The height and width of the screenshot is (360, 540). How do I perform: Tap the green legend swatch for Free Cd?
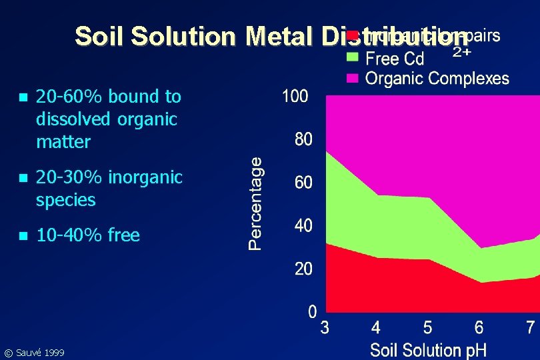pos(353,57)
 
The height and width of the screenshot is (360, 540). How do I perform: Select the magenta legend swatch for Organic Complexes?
pos(353,78)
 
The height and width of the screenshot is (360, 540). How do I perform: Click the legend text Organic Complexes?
pos(437,79)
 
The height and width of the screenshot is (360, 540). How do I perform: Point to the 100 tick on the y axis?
pos(295,97)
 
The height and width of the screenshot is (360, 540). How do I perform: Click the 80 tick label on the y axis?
pos(303,140)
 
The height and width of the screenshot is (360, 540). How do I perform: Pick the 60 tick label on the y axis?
pos(303,183)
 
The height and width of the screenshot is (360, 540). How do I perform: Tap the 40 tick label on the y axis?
pos(303,226)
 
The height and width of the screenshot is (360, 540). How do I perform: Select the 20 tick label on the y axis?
pos(303,269)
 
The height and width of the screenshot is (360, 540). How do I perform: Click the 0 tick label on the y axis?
pos(312,312)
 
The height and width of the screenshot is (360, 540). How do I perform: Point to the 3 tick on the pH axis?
pos(325,328)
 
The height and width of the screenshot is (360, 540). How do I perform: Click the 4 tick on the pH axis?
pos(376,328)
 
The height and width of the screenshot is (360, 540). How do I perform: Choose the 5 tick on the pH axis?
pos(427,328)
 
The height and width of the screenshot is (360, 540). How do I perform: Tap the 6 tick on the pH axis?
pos(479,328)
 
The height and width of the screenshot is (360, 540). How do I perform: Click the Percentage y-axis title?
pos(255,203)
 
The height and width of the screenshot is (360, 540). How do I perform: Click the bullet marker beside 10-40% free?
pos(23,235)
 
